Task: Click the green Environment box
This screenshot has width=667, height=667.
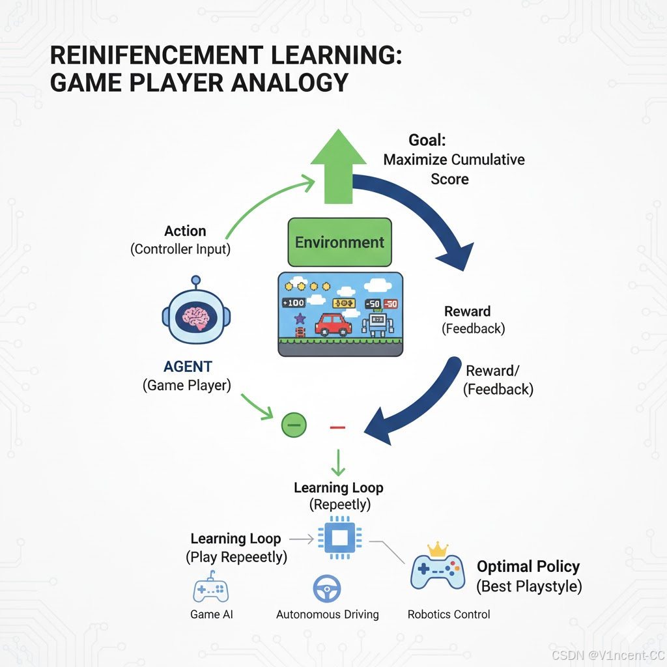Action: [x=339, y=242]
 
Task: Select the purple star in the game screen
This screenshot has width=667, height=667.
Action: [x=300, y=319]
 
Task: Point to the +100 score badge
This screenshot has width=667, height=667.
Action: [x=294, y=303]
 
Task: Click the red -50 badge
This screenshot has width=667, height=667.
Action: [x=391, y=304]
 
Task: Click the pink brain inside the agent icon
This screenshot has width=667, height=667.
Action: [x=196, y=318]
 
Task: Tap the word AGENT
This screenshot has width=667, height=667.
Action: [x=187, y=367]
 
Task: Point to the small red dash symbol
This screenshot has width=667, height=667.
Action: [x=337, y=427]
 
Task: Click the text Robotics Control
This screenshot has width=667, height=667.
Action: [x=449, y=614]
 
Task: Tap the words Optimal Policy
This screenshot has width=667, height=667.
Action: [x=528, y=566]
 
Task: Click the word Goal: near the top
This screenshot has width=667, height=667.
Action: [x=427, y=139]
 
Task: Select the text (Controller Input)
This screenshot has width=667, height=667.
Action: [x=180, y=249]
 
